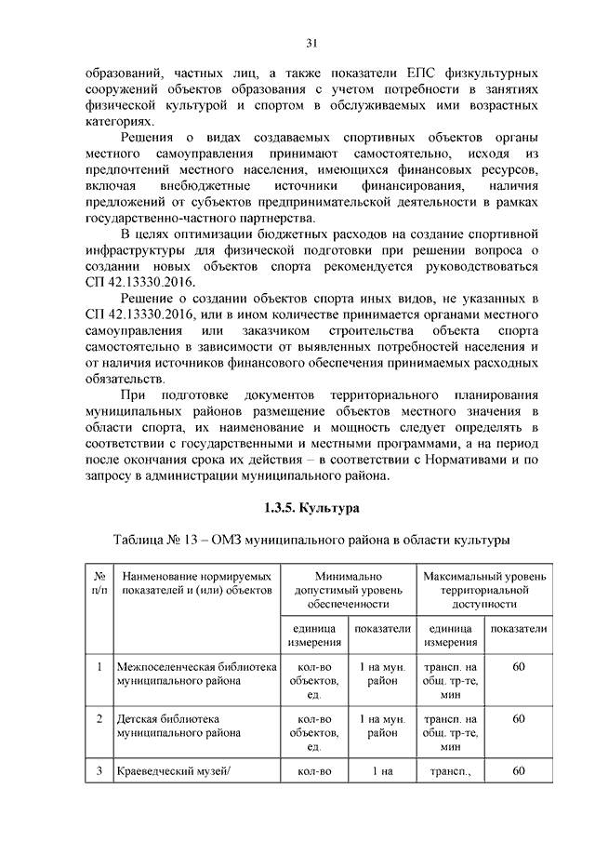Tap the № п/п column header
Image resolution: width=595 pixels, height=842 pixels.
(99, 583)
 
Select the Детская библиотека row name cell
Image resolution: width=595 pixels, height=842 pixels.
(167, 727)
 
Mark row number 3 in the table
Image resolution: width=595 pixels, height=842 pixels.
(99, 771)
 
